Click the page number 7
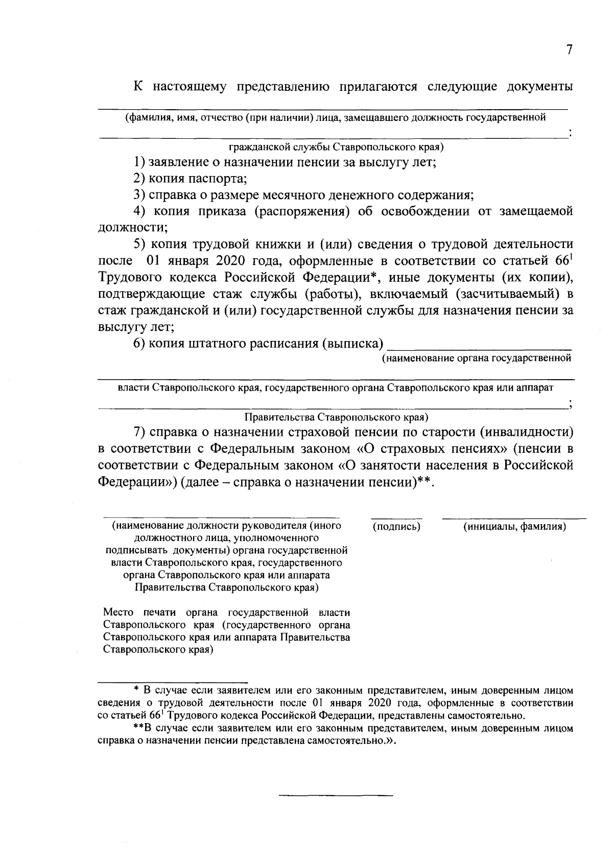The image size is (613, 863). (569, 50)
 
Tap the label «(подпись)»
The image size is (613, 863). (396, 526)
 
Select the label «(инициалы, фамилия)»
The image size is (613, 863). (514, 526)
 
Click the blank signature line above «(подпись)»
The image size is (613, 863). (396, 518)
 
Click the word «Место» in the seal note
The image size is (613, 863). (118, 612)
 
